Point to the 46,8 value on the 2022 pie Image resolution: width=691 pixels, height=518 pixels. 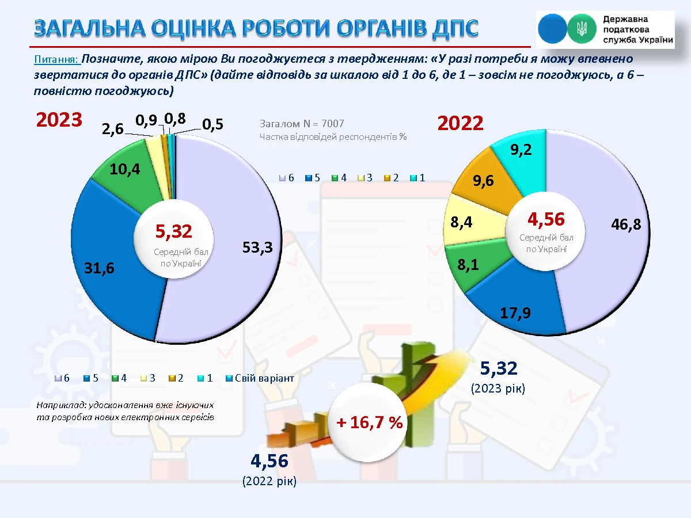pos(626,225)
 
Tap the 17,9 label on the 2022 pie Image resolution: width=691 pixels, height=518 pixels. pos(515,313)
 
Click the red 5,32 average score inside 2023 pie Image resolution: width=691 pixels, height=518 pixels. pos(173,231)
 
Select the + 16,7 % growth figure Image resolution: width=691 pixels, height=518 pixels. pos(370,423)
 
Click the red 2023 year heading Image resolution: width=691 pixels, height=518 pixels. pos(59,120)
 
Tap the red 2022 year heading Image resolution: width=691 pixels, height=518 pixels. pos(460,123)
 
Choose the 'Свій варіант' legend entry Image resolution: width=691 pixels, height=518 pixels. pos(264,378)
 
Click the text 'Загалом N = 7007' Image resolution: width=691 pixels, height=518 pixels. pos(302,123)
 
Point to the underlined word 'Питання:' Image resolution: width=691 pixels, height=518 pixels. pos(56,59)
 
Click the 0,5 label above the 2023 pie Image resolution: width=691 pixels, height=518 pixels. pos(212,125)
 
